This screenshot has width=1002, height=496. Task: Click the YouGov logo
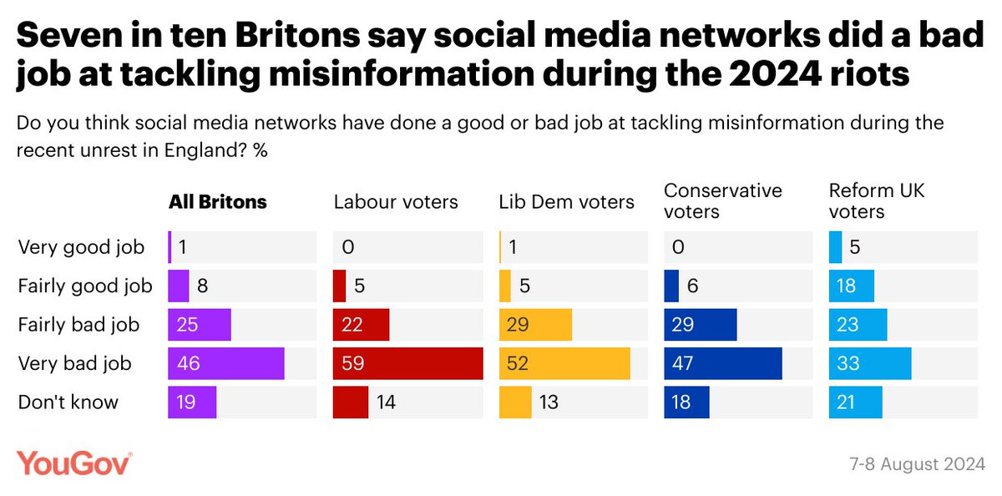pos(73,463)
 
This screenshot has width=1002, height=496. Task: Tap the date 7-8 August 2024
pos(917,464)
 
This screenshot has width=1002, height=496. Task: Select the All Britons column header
pos(218,202)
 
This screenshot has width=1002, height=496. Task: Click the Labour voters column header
pos(396,202)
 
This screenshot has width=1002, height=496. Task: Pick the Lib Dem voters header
pos(566,202)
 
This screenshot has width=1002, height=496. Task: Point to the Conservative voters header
pos(723,200)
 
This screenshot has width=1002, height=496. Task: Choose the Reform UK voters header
pos(876,200)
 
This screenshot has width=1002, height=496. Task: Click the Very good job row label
pos(81,247)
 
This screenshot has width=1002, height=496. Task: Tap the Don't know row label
pos(68,402)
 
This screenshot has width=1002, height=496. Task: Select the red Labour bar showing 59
pos(408,363)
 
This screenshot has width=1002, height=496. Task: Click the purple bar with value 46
pos(226,363)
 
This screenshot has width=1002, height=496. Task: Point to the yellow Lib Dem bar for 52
pos(564,363)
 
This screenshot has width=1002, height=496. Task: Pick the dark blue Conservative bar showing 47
pos(723,363)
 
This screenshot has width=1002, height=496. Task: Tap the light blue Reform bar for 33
pos(870,363)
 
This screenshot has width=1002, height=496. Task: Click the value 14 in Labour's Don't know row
pos(386,402)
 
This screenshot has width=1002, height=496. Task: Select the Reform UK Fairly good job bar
pos(851,286)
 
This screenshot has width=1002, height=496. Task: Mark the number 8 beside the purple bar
pos(202,286)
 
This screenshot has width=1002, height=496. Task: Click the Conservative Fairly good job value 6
pos(692,286)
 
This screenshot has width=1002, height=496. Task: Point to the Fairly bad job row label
pos(78,325)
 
